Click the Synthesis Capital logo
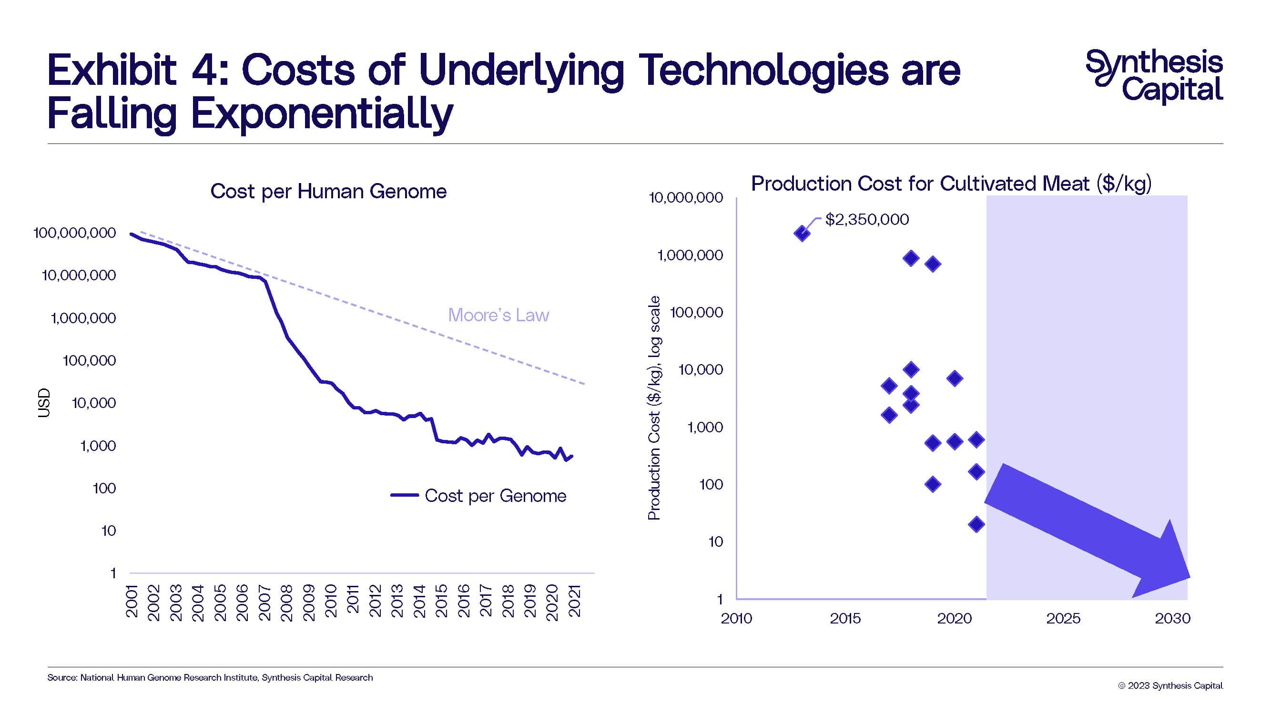pos(1154,77)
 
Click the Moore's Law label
pos(498,315)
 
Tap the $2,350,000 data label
pos(866,220)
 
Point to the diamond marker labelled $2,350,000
pos(802,234)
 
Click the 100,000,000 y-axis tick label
pos(74,233)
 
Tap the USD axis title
pos(44,403)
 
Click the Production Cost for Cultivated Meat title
pos(951,184)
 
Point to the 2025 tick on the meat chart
pos(1063,618)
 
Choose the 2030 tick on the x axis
pos(1172,618)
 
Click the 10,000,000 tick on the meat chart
pos(686,198)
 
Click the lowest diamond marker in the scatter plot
pos(976,524)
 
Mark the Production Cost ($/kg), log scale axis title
pos(654,408)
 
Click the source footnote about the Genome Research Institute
pos(210,677)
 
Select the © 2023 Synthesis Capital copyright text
pos(1170,685)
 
